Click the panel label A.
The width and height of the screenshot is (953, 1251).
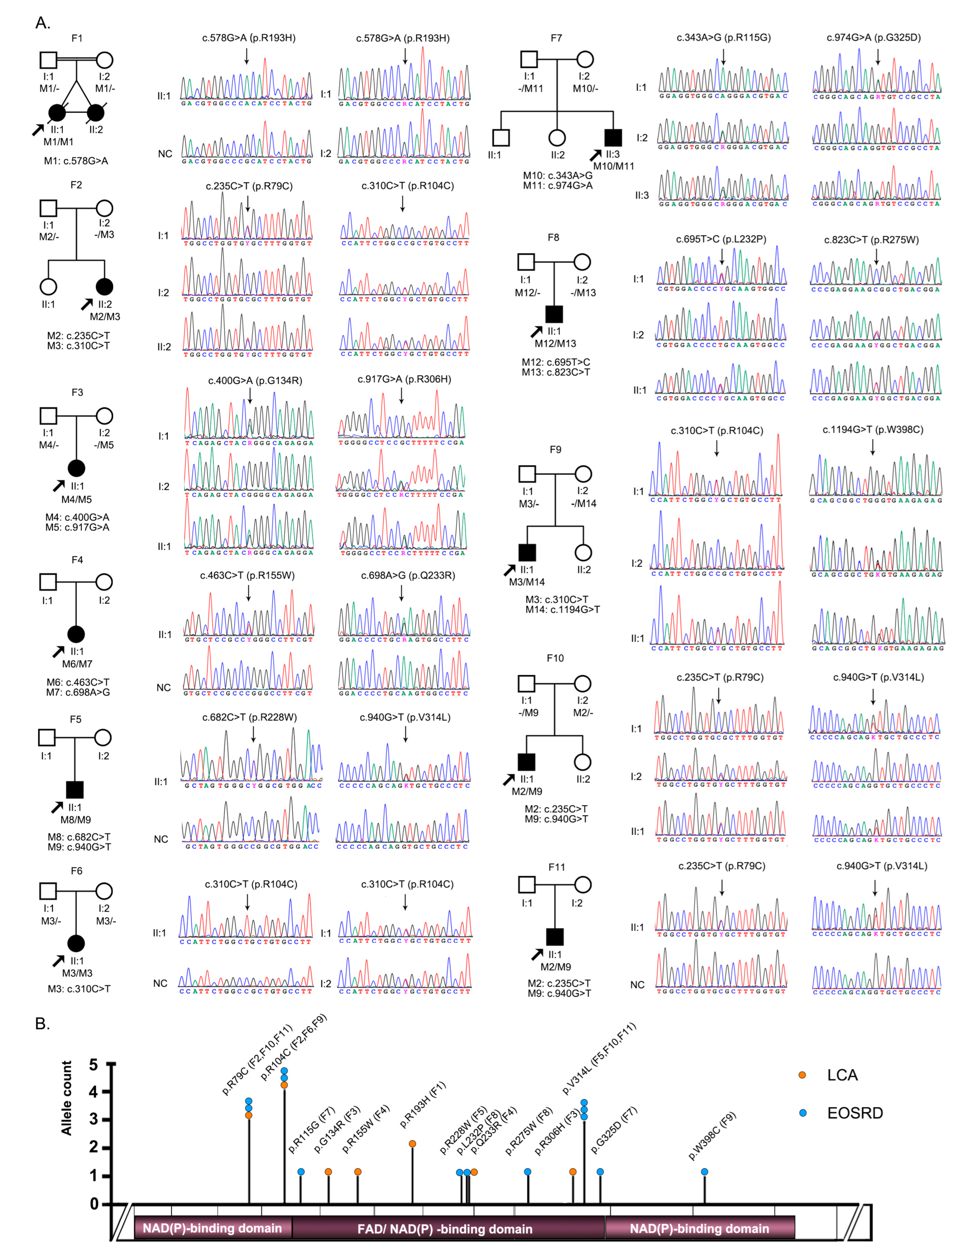coord(43,23)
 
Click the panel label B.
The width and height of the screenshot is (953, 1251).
coord(43,1023)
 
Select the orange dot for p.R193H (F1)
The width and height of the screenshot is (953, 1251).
coord(412,1144)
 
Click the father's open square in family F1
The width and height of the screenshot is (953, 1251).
coord(49,60)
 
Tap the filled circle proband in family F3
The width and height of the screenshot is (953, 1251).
coord(77,468)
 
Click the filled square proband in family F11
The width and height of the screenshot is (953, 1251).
coord(554,937)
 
